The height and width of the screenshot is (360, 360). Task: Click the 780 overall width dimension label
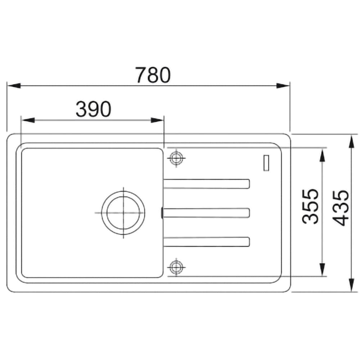153,75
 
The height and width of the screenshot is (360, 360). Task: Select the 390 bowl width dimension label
94,109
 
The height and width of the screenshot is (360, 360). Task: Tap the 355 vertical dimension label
310,206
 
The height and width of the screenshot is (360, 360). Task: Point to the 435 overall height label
341,208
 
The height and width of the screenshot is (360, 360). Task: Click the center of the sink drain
123,213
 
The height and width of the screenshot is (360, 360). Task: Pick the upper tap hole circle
176,158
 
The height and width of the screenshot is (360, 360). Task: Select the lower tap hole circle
176,267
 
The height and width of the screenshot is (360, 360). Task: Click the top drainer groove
206,184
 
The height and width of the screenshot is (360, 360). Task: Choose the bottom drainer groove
206,242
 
